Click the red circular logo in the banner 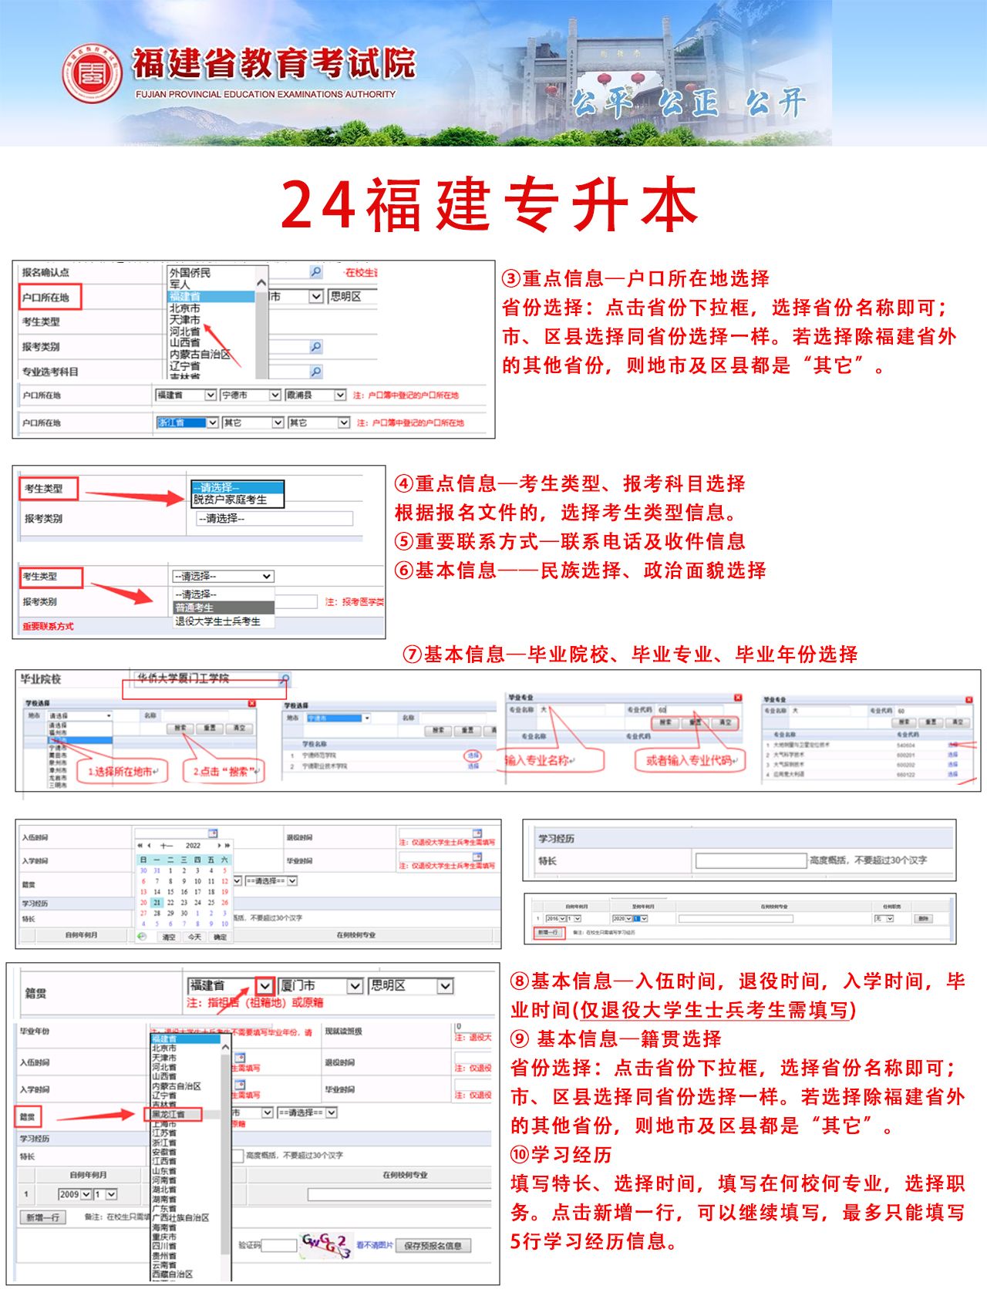92,74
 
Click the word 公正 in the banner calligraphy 689,103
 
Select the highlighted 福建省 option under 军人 210,296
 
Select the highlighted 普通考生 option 224,608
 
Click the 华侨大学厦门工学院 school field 207,679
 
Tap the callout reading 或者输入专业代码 690,760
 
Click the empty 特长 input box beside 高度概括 750,860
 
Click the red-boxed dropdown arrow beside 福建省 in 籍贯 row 264,985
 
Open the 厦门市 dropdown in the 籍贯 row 320,985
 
